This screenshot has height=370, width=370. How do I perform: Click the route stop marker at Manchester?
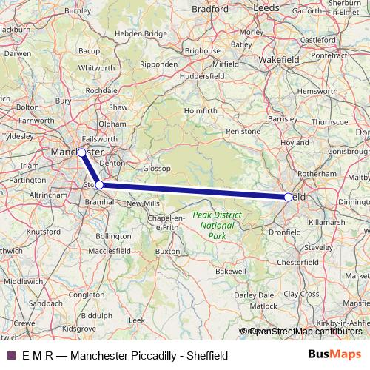pyautogui.click(x=81, y=152)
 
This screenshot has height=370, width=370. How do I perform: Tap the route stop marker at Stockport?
pyautogui.click(x=99, y=184)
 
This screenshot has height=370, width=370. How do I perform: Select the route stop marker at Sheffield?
pyautogui.click(x=288, y=197)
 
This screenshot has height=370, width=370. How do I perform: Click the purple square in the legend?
pyautogui.click(x=10, y=354)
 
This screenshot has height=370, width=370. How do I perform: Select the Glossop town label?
pyautogui.click(x=157, y=169)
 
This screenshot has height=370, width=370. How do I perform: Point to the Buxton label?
pyautogui.click(x=168, y=252)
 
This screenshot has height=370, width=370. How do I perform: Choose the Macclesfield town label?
pyautogui.click(x=110, y=252)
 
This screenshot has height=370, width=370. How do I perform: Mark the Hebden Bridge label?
pyautogui.click(x=145, y=34)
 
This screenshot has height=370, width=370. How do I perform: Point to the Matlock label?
pyautogui.click(x=263, y=306)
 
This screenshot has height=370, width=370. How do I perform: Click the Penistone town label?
pyautogui.click(x=244, y=130)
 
